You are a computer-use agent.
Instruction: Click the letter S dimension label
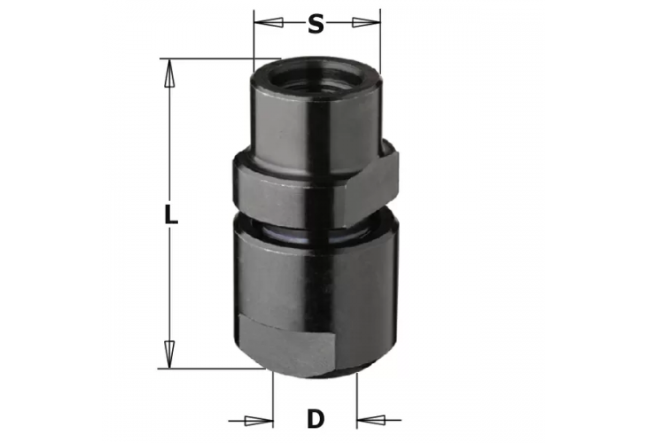(x=316, y=24)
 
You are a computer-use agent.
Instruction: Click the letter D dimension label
(x=316, y=419)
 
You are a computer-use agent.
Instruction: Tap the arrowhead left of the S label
(x=269, y=22)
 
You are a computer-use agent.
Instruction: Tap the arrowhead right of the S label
(x=366, y=22)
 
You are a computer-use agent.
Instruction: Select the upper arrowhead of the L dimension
(x=169, y=73)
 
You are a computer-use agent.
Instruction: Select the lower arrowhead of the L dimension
(x=169, y=354)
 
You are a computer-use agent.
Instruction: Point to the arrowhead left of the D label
(x=259, y=421)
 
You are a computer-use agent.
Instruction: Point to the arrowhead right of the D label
(x=371, y=420)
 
